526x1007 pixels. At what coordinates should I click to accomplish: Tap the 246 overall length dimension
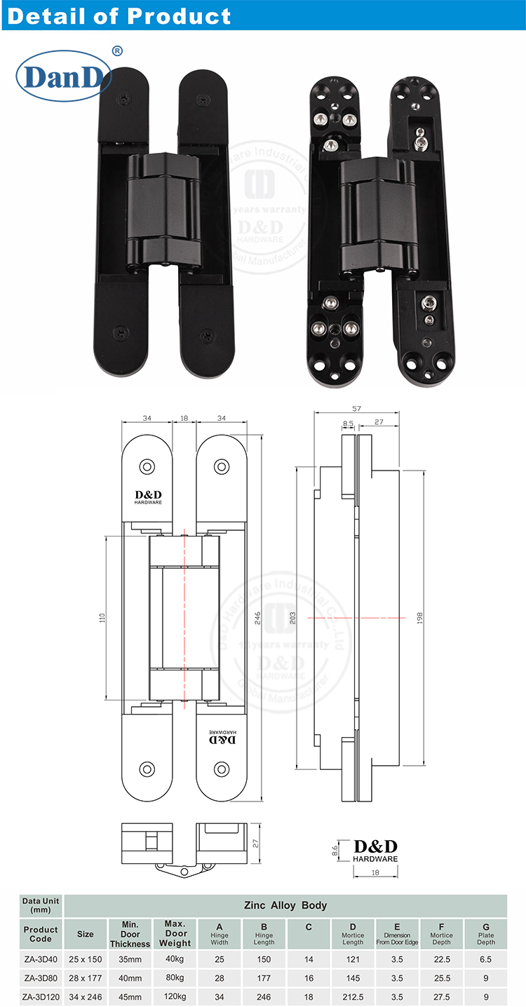click(x=258, y=617)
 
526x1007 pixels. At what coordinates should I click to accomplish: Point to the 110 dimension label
click(x=102, y=618)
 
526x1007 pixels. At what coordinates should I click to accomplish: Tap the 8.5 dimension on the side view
click(x=348, y=423)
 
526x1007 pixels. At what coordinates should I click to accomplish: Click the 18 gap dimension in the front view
click(x=184, y=418)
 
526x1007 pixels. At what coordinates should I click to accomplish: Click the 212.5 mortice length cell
click(x=353, y=996)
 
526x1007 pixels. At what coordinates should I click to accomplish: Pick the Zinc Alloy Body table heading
click(x=285, y=905)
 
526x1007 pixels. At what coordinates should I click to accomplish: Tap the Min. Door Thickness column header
click(x=130, y=934)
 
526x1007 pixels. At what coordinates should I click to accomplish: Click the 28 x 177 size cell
click(x=85, y=978)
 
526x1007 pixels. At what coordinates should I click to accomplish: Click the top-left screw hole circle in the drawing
click(x=148, y=466)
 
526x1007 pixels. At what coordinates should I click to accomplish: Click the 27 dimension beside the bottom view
click(x=257, y=844)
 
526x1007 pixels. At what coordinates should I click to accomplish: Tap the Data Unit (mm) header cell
click(x=41, y=905)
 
